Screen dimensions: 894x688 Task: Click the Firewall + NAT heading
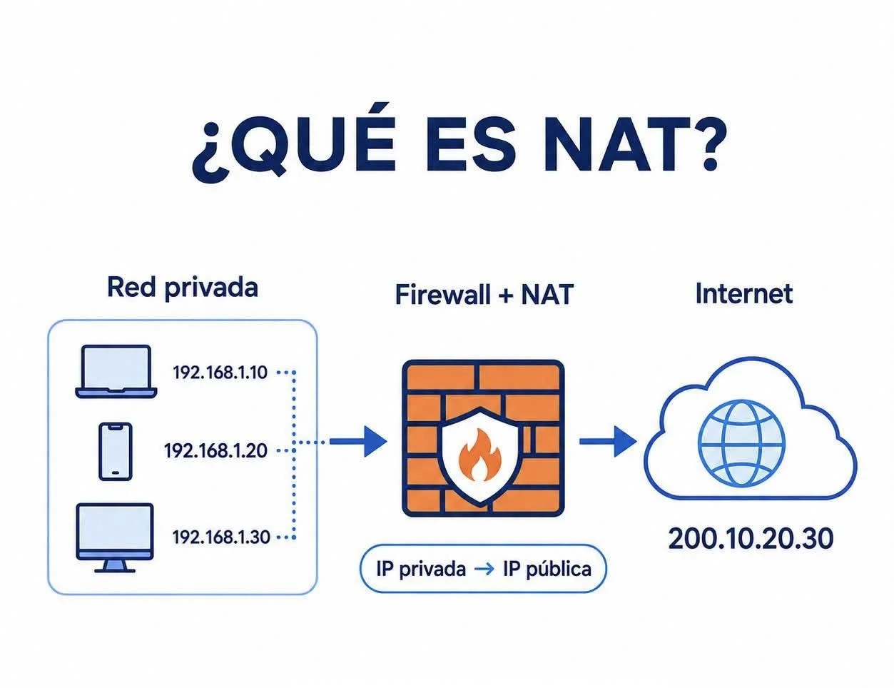pyautogui.click(x=484, y=294)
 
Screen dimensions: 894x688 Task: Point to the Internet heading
pyautogui.click(x=744, y=293)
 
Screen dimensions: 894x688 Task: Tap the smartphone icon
pyautogui.click(x=116, y=451)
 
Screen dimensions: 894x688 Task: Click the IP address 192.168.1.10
pyautogui.click(x=220, y=373)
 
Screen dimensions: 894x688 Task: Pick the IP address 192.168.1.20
pyautogui.click(x=215, y=451)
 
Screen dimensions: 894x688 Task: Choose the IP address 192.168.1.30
pyautogui.click(x=221, y=537)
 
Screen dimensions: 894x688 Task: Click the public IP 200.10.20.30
pyautogui.click(x=751, y=539)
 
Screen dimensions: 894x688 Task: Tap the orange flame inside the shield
pyautogui.click(x=479, y=455)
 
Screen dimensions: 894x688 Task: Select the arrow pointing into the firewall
pyautogui.click(x=358, y=442)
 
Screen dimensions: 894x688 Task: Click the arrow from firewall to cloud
pyautogui.click(x=608, y=442)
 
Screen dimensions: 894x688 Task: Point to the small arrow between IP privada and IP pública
pyautogui.click(x=484, y=570)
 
